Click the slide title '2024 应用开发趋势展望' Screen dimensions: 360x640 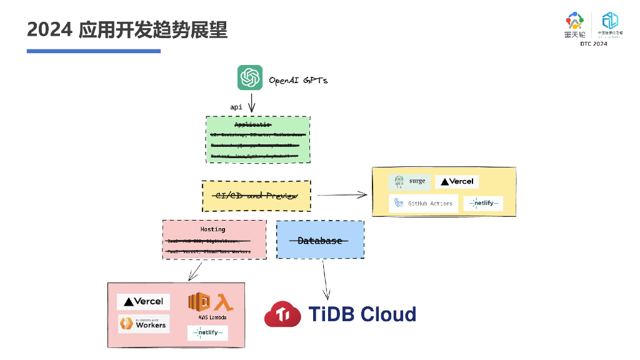(x=127, y=29)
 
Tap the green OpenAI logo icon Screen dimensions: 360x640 (x=249, y=78)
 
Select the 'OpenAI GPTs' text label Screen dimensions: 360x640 (x=298, y=81)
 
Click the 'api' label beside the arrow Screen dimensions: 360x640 (x=236, y=107)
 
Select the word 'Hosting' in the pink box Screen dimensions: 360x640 (x=212, y=229)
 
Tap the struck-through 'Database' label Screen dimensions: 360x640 (x=319, y=241)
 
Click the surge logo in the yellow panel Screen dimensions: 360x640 (x=409, y=182)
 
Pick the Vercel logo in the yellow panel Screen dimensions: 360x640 (x=457, y=182)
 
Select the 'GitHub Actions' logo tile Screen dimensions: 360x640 (x=423, y=203)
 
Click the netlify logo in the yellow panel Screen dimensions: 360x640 (x=482, y=203)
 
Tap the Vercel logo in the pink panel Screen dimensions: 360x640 (x=144, y=301)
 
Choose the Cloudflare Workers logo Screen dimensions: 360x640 (x=143, y=324)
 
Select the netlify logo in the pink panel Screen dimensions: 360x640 (x=207, y=333)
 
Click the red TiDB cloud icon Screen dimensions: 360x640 (x=282, y=314)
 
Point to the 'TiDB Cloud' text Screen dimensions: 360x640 (x=362, y=314)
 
